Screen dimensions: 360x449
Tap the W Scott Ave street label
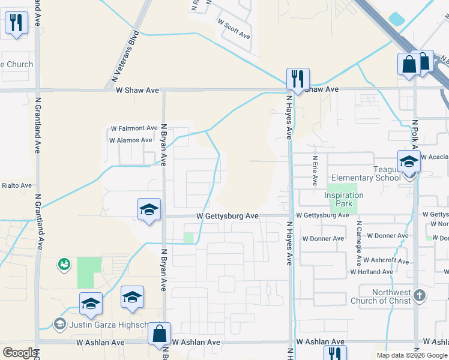point(234,28)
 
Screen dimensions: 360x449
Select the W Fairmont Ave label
point(134,128)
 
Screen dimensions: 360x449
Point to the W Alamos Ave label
point(131,140)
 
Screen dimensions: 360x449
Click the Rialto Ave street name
point(16,185)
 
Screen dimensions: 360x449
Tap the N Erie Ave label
point(315,171)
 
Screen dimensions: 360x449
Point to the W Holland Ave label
point(372,272)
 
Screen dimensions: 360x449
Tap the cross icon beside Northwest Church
point(419,296)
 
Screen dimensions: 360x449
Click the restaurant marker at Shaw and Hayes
point(298,79)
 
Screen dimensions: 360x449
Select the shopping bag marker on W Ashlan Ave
point(159,334)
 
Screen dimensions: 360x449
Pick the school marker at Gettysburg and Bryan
point(149,209)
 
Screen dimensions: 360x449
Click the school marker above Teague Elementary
point(409,161)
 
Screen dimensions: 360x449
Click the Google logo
point(19,353)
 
